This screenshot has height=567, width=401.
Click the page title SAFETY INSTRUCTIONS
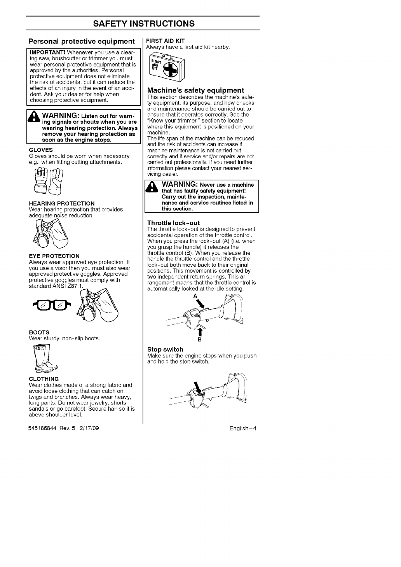(x=144, y=23)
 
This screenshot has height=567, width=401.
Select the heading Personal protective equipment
(x=82, y=41)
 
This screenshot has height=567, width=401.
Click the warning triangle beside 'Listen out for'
(x=33, y=117)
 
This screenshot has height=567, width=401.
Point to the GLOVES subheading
(x=41, y=150)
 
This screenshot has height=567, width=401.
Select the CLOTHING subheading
(x=44, y=379)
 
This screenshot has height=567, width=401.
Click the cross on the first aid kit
(x=171, y=70)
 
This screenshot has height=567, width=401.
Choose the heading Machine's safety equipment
(x=195, y=90)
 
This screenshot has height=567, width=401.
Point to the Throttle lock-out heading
(x=173, y=223)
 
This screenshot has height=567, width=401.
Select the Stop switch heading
(x=165, y=349)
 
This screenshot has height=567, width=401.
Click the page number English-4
(x=243, y=429)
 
